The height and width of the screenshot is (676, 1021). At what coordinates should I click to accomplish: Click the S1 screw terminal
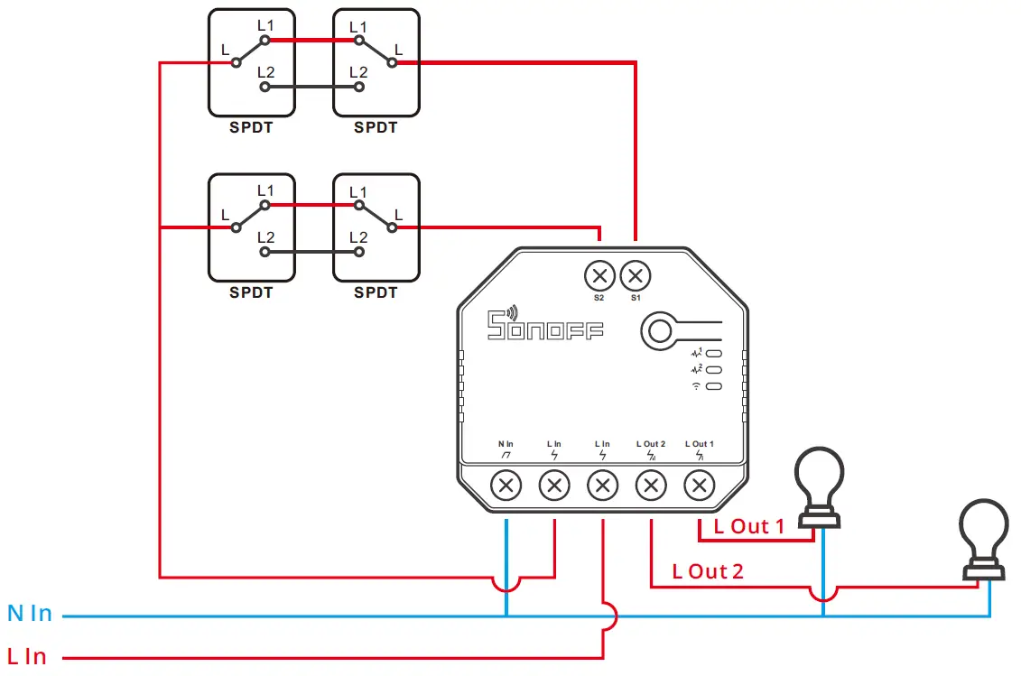click(636, 274)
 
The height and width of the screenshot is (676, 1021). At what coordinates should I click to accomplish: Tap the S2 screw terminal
click(599, 274)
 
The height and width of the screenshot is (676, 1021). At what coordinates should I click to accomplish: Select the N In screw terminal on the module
click(506, 486)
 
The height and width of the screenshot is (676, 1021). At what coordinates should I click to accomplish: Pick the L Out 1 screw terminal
click(698, 486)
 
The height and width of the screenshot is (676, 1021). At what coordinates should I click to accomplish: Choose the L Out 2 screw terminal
click(650, 486)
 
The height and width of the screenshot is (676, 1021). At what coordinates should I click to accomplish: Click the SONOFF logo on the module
click(545, 325)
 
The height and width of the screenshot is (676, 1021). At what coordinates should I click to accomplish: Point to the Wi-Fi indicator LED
click(713, 386)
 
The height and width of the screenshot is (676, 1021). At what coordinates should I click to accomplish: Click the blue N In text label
click(30, 615)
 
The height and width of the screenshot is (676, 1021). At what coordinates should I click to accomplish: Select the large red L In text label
click(27, 657)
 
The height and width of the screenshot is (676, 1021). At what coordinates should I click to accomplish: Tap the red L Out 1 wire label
click(748, 527)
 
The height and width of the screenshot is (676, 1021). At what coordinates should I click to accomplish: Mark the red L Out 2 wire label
click(708, 572)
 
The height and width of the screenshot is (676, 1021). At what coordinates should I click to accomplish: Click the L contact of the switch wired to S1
click(393, 62)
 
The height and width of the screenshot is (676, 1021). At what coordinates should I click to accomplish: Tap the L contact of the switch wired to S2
click(393, 227)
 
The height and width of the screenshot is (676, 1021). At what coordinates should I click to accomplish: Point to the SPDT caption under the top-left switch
click(251, 128)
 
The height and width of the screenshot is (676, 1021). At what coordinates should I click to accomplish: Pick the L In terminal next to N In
click(554, 486)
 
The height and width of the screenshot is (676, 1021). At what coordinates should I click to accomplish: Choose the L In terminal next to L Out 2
click(602, 486)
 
